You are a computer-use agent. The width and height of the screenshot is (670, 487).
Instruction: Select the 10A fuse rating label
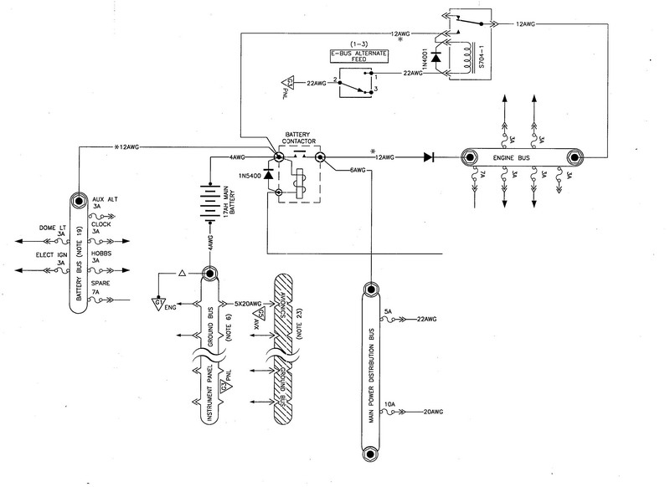coord(389,404)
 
